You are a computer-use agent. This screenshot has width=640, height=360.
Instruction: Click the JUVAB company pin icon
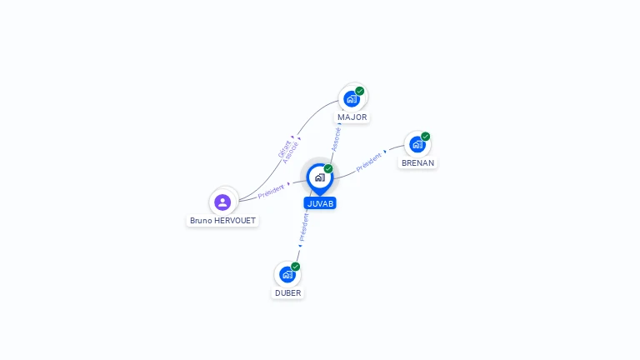point(319,177)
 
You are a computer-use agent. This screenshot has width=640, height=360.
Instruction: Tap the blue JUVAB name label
point(320,203)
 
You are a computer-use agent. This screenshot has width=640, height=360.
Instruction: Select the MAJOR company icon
point(352,99)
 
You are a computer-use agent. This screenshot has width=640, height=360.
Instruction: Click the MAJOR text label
point(352,117)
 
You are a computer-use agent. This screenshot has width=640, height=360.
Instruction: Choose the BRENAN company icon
point(417,144)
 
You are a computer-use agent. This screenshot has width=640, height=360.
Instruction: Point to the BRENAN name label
point(417,163)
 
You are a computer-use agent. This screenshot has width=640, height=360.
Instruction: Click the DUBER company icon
point(287,274)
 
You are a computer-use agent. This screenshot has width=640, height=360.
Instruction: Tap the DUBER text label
point(288,293)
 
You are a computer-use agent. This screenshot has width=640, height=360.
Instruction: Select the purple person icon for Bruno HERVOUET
point(222,202)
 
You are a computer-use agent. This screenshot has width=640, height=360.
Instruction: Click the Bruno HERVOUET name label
point(222,221)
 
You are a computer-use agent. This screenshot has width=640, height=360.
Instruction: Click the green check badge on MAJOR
point(360,91)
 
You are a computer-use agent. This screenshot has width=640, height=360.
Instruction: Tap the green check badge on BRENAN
point(426,136)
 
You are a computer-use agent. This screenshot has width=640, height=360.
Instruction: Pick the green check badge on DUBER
point(296,266)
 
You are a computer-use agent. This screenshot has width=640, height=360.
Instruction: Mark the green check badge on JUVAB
point(328,168)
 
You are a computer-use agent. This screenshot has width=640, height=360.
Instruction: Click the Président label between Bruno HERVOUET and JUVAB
point(271,192)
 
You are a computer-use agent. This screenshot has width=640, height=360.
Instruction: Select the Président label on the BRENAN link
point(368,162)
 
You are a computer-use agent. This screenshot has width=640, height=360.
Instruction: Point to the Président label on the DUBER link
point(303,227)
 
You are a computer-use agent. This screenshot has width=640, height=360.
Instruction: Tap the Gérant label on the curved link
point(284,148)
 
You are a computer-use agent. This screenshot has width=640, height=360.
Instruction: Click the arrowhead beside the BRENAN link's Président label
point(384,153)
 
